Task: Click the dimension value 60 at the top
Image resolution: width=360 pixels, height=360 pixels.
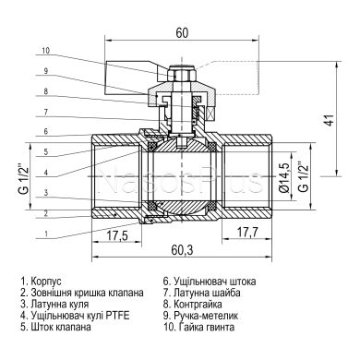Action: [181, 32]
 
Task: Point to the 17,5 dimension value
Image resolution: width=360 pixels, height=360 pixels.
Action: [117, 235]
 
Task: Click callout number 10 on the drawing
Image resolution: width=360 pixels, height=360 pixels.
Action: [45, 51]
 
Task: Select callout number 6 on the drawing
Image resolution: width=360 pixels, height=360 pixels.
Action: [45, 132]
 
